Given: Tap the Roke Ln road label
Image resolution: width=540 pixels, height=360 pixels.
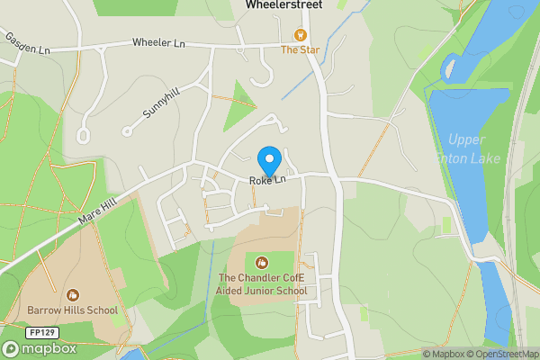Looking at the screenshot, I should click(267, 181).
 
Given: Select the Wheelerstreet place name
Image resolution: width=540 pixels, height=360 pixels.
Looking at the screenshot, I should click(283, 5).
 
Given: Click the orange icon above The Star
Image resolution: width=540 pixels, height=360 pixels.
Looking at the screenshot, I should click(300, 35).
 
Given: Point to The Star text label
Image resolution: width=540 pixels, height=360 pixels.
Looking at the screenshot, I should click(299, 50).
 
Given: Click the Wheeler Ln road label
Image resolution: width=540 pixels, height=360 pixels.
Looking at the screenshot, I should click(157, 42).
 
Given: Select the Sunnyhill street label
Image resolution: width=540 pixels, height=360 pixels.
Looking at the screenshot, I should click(161, 105).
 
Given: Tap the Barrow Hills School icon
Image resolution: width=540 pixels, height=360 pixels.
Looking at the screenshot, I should click(72, 294).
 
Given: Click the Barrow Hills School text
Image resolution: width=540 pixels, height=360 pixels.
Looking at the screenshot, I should click(72, 310).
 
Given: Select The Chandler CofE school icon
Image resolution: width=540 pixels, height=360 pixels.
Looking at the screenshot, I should click(262, 262).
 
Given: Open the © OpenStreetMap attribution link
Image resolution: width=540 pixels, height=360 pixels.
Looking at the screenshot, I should click(501, 354).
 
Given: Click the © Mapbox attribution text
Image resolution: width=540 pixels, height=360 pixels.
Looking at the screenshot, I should click(443, 354).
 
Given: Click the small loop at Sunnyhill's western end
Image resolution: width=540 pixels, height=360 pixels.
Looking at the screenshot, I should click(84, 136).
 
